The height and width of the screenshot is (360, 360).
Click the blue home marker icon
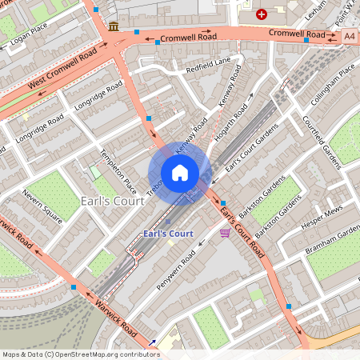tap(180, 173)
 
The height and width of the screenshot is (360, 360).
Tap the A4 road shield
tap(350, 36)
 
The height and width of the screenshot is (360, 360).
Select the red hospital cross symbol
tap(262, 14)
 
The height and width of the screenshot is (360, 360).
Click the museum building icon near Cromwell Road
tap(113, 26)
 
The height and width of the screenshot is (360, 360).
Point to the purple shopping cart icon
tap(226, 233)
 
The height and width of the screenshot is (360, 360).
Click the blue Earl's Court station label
tap(168, 234)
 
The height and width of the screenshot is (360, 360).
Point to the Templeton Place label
tap(107, 173)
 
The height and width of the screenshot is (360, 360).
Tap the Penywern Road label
tap(178, 270)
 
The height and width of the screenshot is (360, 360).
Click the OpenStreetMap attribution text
tap(81, 354)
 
